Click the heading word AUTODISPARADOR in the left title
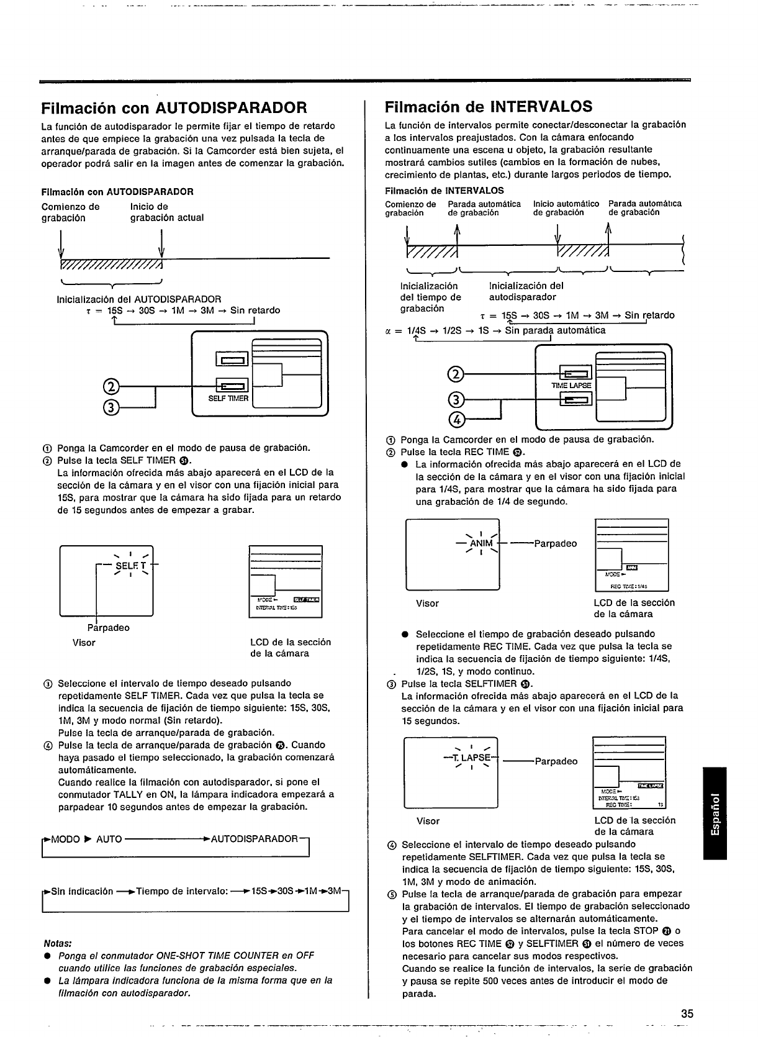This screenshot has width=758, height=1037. pyautogui.click(x=231, y=108)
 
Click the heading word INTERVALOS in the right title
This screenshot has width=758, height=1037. pyautogui.click(x=541, y=106)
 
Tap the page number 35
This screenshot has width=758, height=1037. pyautogui.click(x=687, y=1014)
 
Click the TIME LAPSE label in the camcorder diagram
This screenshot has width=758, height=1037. pyautogui.click(x=571, y=386)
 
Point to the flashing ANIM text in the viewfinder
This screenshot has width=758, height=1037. pyautogui.click(x=482, y=544)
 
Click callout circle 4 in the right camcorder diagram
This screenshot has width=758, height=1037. pyautogui.click(x=456, y=420)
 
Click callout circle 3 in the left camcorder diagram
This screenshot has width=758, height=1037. pyautogui.click(x=111, y=407)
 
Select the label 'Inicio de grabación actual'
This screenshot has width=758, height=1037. pyautogui.click(x=166, y=212)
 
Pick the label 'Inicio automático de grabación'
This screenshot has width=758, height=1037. pyautogui.click(x=566, y=208)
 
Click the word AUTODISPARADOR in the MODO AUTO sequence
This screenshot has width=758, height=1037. pyautogui.click(x=255, y=839)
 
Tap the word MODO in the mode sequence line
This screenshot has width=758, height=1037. pyautogui.click(x=63, y=839)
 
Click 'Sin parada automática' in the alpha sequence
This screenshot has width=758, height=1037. pyautogui.click(x=555, y=330)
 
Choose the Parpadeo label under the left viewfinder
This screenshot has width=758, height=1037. pyautogui.click(x=109, y=628)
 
